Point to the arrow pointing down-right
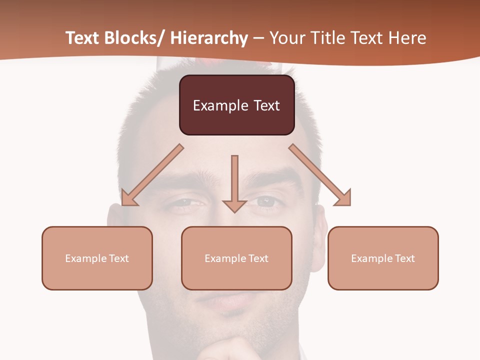click(x=320, y=175)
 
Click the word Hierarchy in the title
click(x=209, y=38)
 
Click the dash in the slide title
click(x=258, y=38)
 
